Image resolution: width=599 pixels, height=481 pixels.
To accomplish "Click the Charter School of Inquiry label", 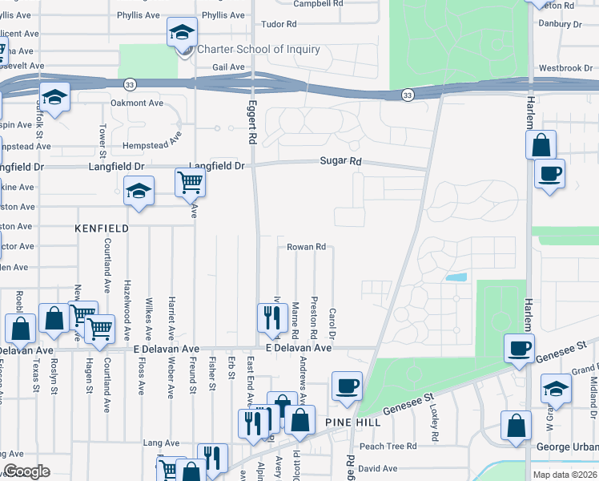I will tap(258, 50).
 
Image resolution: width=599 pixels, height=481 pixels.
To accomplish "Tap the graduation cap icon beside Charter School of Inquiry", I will tap(182, 34).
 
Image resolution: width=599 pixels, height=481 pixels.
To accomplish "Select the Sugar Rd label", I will tap(340, 162).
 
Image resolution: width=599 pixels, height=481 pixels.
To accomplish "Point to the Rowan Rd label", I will tap(306, 247).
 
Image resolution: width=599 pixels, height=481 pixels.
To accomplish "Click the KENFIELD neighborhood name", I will tap(102, 228).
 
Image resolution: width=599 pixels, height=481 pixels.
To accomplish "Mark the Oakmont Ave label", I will tap(137, 103).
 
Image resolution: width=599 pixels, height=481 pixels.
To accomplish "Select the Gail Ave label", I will tap(228, 67).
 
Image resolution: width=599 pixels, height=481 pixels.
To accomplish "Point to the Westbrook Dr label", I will tap(566, 68).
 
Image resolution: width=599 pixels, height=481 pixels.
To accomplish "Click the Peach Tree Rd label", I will tap(388, 446).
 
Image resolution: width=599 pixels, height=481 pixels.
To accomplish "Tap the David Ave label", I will tap(377, 468).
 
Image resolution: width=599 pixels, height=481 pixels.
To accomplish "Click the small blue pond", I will tap(456, 277).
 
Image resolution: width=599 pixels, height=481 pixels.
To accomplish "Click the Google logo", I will tap(26, 471).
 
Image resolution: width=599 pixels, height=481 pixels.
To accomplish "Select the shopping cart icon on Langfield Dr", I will tap(191, 182).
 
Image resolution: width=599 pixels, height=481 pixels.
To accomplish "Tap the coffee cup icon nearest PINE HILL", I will tap(347, 386).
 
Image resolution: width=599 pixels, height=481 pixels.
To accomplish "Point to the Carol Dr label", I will tap(332, 324).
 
